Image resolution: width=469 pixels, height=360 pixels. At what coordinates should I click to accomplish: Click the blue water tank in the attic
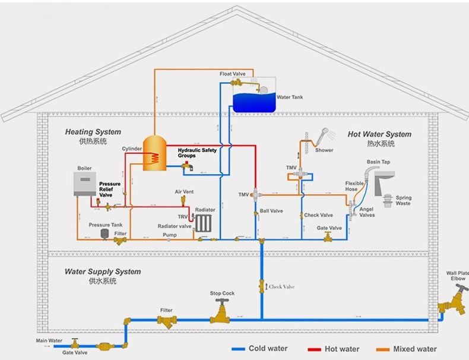tap(253, 101)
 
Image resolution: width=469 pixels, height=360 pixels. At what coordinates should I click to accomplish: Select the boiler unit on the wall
tap(85, 184)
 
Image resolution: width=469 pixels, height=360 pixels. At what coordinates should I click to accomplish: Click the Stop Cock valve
tap(222, 309)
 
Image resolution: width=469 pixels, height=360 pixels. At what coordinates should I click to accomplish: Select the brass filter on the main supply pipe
tap(167, 321)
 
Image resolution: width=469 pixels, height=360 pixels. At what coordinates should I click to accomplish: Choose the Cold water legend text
tap(268, 349)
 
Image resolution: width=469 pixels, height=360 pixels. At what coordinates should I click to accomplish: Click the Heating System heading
tap(93, 132)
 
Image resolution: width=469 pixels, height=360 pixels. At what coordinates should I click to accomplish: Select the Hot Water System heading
tap(379, 134)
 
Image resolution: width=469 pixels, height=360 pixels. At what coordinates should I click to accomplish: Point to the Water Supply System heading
tap(103, 271)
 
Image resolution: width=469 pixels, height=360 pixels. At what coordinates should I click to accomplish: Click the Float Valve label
tap(232, 74)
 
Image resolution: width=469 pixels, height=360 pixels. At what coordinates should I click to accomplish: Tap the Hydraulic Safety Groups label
tap(198, 153)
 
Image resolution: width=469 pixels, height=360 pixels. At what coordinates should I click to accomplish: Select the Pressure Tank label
tap(106, 225)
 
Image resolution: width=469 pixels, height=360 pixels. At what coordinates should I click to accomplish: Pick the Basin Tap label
tap(378, 162)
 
